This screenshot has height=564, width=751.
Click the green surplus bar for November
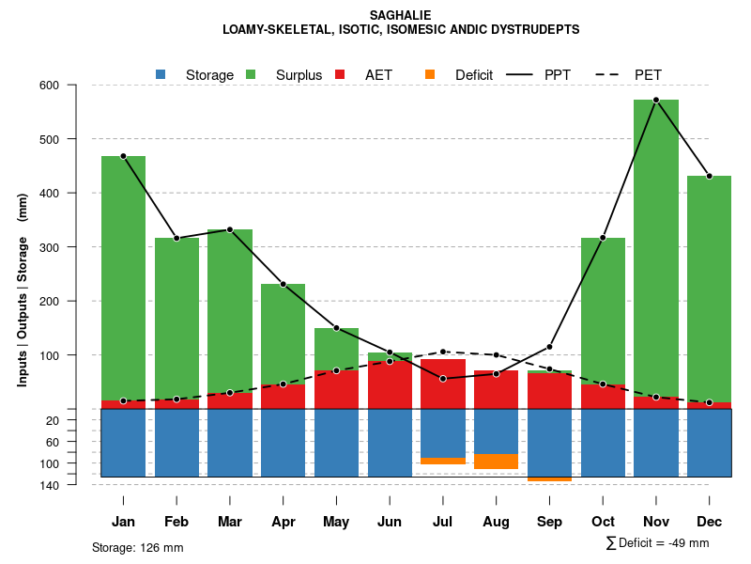[x=656, y=244]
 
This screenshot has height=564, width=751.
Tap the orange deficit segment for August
[x=496, y=462]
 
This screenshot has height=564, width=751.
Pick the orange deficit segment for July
[x=443, y=461]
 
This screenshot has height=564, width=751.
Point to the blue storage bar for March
[x=230, y=443]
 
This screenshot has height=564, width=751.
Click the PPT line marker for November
[x=656, y=100]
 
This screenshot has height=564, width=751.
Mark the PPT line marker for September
[x=549, y=347]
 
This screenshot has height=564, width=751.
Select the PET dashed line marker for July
[x=443, y=352]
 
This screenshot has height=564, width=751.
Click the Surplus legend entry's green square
[x=251, y=74]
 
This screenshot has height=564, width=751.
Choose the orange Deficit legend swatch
[x=430, y=74]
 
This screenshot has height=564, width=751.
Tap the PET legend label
[x=648, y=75]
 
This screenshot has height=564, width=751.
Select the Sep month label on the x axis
[x=549, y=522]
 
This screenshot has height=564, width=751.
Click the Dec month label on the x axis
[x=710, y=522]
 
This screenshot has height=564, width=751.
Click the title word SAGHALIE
[x=401, y=16]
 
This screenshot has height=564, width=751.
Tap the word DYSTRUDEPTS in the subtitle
[x=533, y=30]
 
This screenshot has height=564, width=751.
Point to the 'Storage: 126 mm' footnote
[x=137, y=547]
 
